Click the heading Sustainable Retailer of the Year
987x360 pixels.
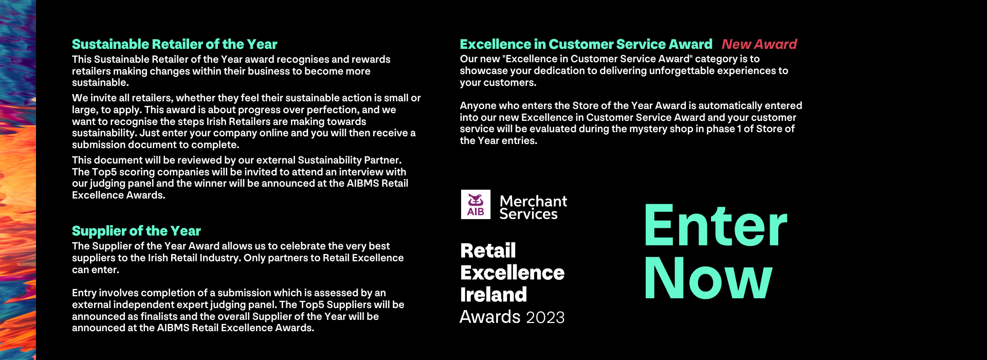(174, 44)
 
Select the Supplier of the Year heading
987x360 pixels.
(136, 231)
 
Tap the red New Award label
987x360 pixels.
(759, 44)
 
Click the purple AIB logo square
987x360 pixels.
(476, 205)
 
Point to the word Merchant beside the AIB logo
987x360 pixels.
(533, 201)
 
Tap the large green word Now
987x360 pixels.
(708, 278)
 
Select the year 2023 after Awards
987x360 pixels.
(545, 317)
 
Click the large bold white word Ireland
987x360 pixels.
(493, 295)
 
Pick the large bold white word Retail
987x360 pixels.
(488, 250)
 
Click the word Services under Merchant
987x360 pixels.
(528, 214)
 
